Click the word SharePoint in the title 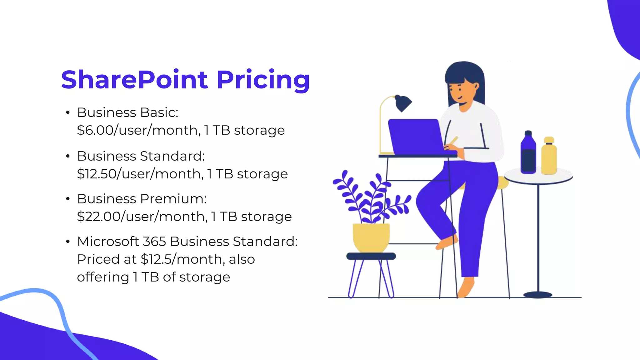pyautogui.click(x=134, y=80)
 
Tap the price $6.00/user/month pyautogui.click(x=138, y=130)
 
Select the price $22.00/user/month pyautogui.click(x=142, y=217)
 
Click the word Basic pyautogui.click(x=159, y=112)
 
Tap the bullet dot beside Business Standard pyautogui.click(x=68, y=156)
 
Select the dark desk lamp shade pyautogui.click(x=403, y=103)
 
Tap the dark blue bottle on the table pyautogui.click(x=528, y=153)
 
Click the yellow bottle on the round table pyautogui.click(x=549, y=156)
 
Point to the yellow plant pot pyautogui.click(x=371, y=237)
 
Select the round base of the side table pyautogui.click(x=537, y=295)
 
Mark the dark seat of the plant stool pyautogui.click(x=371, y=256)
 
